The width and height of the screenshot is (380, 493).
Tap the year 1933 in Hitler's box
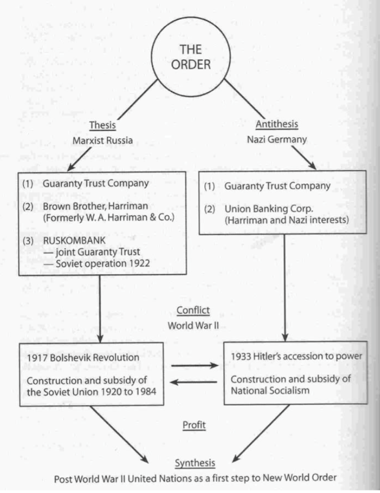239,356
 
